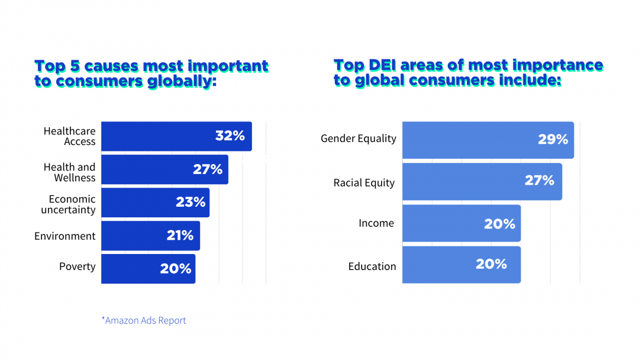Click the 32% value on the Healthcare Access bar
[230, 136]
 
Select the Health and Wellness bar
[164, 169]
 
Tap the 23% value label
[191, 202]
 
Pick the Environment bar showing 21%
[150, 236]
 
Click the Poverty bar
[148, 269]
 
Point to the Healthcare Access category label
[69, 136]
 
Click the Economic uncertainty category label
[68, 204]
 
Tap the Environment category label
[64, 236]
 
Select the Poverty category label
[77, 266]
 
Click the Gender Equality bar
[488, 140]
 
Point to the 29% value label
[553, 140]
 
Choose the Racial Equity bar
[482, 181]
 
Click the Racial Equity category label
[363, 183]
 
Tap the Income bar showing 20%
[461, 223]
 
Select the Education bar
[461, 265]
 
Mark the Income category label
[376, 223]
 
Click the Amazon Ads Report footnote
[144, 320]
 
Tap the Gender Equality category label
[358, 139]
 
